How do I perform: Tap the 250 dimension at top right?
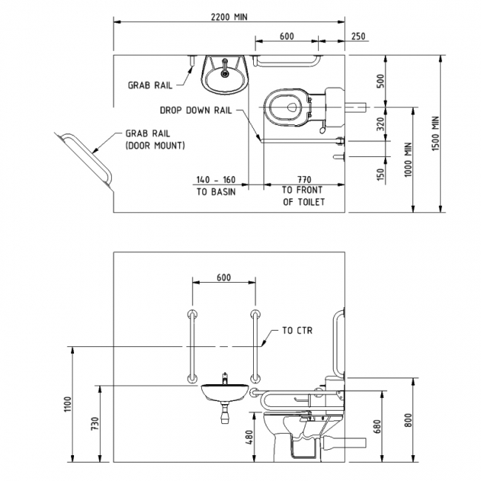point(358,36)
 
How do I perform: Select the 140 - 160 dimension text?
point(215,179)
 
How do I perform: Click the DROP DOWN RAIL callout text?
point(196,110)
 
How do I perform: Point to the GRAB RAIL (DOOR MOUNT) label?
point(155,141)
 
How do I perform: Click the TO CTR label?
point(298,331)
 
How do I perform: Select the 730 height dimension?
point(94,424)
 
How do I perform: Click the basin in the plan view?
point(224,75)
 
